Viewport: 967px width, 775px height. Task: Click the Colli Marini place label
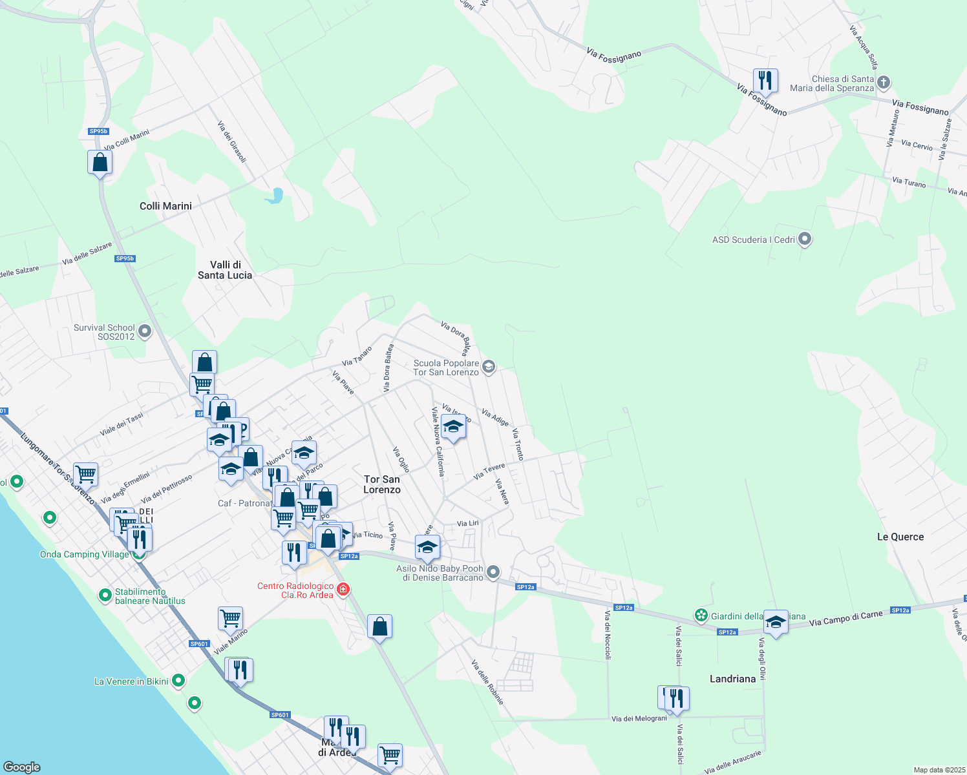click(165, 206)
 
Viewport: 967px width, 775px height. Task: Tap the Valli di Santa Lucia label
click(225, 270)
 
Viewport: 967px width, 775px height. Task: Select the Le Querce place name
click(900, 537)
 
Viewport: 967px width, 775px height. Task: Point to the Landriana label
click(732, 679)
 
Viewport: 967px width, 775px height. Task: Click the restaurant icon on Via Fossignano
click(765, 81)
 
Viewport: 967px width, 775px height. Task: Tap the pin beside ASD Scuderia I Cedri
click(805, 240)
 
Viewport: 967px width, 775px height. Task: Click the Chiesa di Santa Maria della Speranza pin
click(884, 83)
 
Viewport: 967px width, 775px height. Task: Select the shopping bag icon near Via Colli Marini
click(100, 162)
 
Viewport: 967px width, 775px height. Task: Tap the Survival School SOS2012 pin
click(145, 332)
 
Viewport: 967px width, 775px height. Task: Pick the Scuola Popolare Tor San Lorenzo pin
click(489, 367)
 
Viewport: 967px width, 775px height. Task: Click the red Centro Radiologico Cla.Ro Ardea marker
click(343, 590)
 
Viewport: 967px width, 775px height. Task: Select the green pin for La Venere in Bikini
click(178, 681)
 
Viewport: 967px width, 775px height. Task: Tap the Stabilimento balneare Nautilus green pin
click(105, 595)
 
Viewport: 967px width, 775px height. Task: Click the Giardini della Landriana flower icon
click(701, 615)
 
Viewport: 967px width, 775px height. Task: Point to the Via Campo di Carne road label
click(845, 618)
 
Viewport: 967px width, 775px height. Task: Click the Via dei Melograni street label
click(639, 718)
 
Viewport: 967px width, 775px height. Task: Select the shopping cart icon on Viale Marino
click(231, 618)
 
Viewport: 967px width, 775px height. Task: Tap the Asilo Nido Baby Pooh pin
click(493, 572)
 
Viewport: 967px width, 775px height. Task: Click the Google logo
click(22, 767)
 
